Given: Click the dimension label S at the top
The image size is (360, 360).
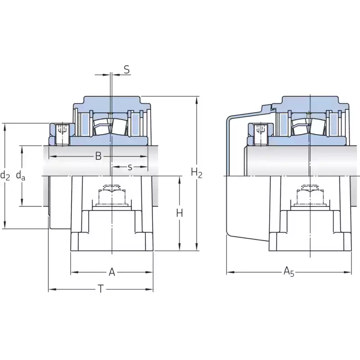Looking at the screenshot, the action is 127,69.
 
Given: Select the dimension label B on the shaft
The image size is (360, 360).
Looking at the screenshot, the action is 98,156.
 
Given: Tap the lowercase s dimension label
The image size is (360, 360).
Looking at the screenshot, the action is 130,167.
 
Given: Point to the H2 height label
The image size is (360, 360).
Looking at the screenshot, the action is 197,173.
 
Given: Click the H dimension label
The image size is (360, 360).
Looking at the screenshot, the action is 180,213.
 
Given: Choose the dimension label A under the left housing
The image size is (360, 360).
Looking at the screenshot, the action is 112,272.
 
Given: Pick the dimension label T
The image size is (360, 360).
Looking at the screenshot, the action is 100,289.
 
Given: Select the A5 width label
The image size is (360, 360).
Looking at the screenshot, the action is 288,272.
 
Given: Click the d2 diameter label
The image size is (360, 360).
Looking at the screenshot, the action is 5,175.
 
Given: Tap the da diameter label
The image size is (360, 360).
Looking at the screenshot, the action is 21,175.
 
